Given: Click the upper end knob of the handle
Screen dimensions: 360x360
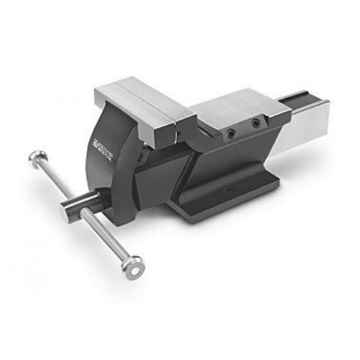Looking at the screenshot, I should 37,158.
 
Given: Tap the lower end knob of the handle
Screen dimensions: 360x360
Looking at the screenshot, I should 132,267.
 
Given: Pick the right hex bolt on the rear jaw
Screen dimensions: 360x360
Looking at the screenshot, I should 256,124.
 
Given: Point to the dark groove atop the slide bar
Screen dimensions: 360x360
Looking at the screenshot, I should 307,97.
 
